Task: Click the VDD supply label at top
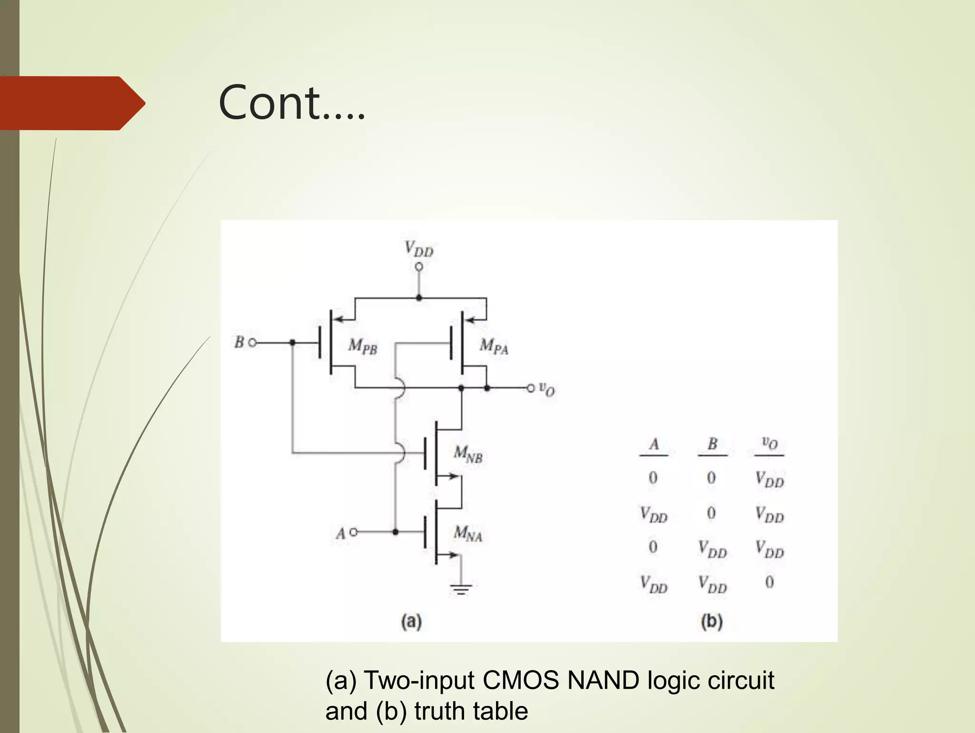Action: (x=418, y=249)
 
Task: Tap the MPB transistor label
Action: (x=363, y=346)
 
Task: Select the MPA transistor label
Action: (x=494, y=346)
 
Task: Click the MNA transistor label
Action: (x=468, y=533)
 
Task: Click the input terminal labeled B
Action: (x=252, y=342)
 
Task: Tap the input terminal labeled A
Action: (x=353, y=532)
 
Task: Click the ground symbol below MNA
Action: (x=461, y=589)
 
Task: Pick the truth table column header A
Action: (x=654, y=444)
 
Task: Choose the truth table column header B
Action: (x=712, y=444)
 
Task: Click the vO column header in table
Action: (x=769, y=443)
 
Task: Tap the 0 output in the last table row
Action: (x=769, y=582)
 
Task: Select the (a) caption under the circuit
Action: (x=411, y=622)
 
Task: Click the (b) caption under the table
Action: (x=712, y=622)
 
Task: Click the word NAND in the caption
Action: (x=603, y=680)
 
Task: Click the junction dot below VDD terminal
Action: (x=419, y=298)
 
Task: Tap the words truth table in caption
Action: (x=471, y=711)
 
